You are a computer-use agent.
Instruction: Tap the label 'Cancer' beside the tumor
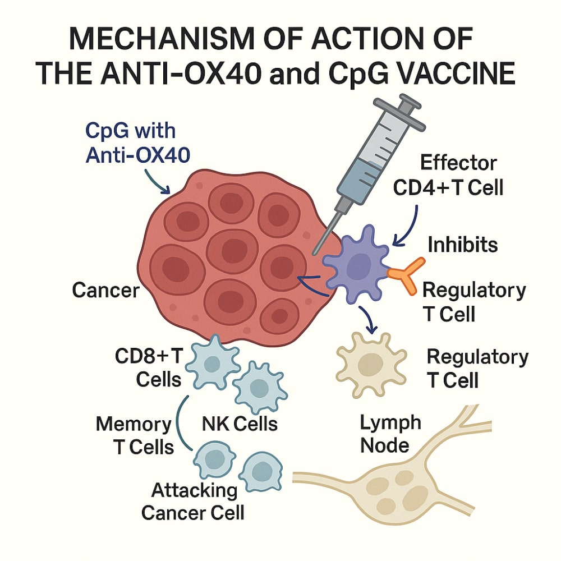coord(105,290)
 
